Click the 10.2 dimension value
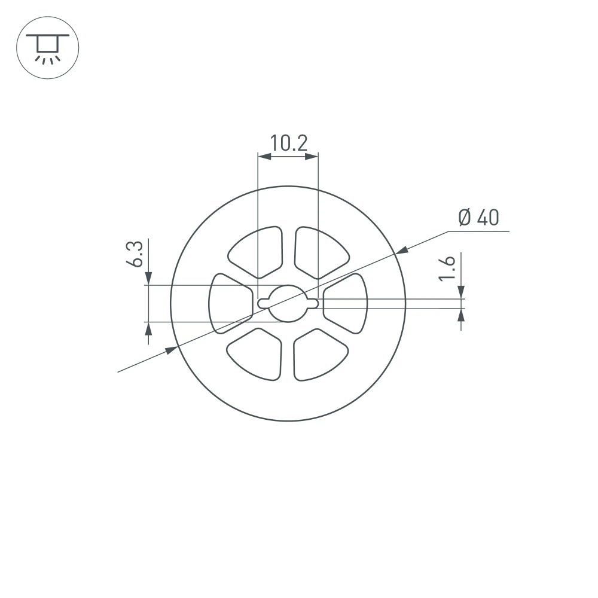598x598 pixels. [x=288, y=144]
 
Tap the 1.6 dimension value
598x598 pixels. [x=448, y=267]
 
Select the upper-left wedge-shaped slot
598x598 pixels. [x=258, y=251]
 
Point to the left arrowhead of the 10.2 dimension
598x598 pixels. [x=264, y=157]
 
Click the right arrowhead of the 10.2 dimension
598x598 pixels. [x=312, y=157]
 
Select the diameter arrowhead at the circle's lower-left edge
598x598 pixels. [x=172, y=350]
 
